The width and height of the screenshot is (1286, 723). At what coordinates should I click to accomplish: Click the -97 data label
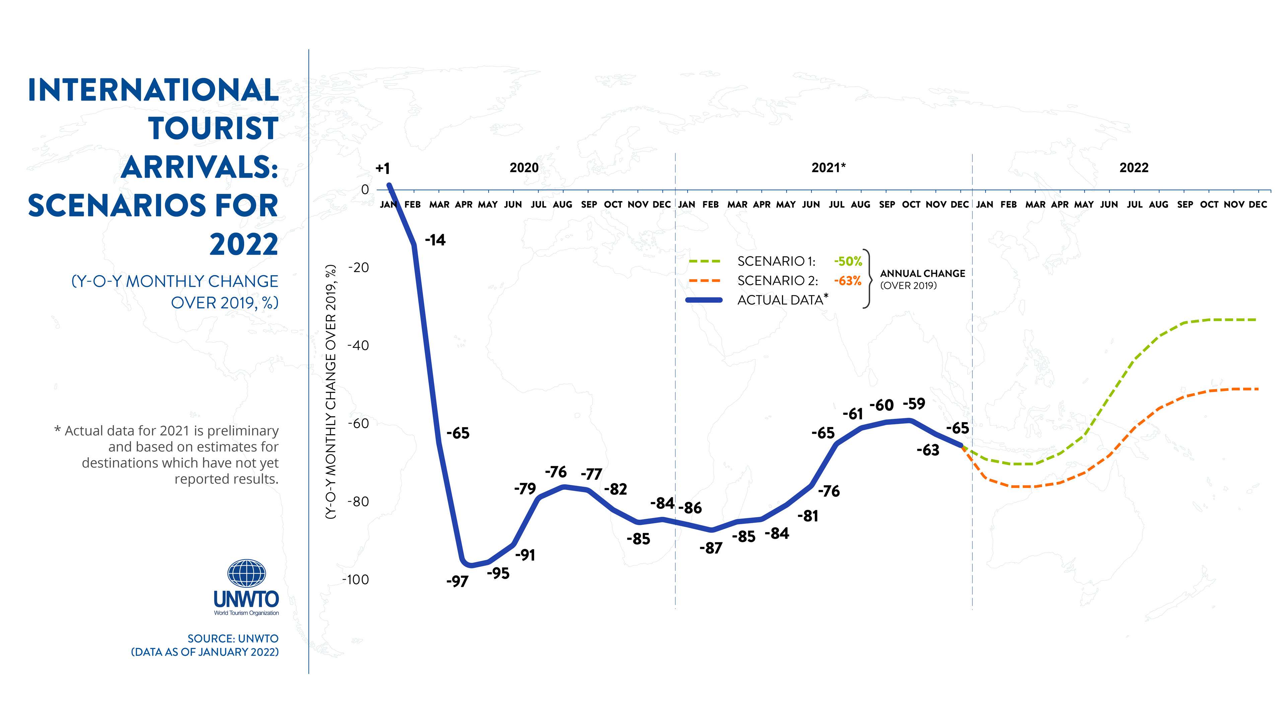(457, 581)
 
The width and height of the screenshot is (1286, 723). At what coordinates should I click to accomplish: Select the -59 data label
(914, 404)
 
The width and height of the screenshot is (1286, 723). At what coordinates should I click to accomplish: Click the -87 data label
(710, 548)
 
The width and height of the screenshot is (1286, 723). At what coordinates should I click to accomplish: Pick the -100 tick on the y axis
(355, 580)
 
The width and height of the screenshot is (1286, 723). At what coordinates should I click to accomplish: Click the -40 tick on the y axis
(358, 345)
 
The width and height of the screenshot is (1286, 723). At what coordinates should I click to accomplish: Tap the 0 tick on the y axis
(365, 189)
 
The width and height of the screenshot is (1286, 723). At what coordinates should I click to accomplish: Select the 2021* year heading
(828, 168)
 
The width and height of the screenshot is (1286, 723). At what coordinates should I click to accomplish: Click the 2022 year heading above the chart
(1134, 168)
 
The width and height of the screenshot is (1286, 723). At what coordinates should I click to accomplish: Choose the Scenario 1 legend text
(776, 261)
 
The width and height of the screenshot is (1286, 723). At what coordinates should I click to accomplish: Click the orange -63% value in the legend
(848, 281)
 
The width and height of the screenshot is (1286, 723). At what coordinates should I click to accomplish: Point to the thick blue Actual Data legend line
(704, 300)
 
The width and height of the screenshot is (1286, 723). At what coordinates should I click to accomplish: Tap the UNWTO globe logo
(246, 573)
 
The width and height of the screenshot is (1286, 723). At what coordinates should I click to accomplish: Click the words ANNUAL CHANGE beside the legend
(922, 273)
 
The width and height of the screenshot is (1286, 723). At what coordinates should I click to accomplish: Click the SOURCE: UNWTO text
(233, 639)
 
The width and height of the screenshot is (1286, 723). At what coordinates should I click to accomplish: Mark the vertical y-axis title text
(331, 392)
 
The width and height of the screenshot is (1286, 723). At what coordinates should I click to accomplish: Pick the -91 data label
(525, 555)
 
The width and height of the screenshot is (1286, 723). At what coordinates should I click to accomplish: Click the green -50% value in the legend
(848, 261)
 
